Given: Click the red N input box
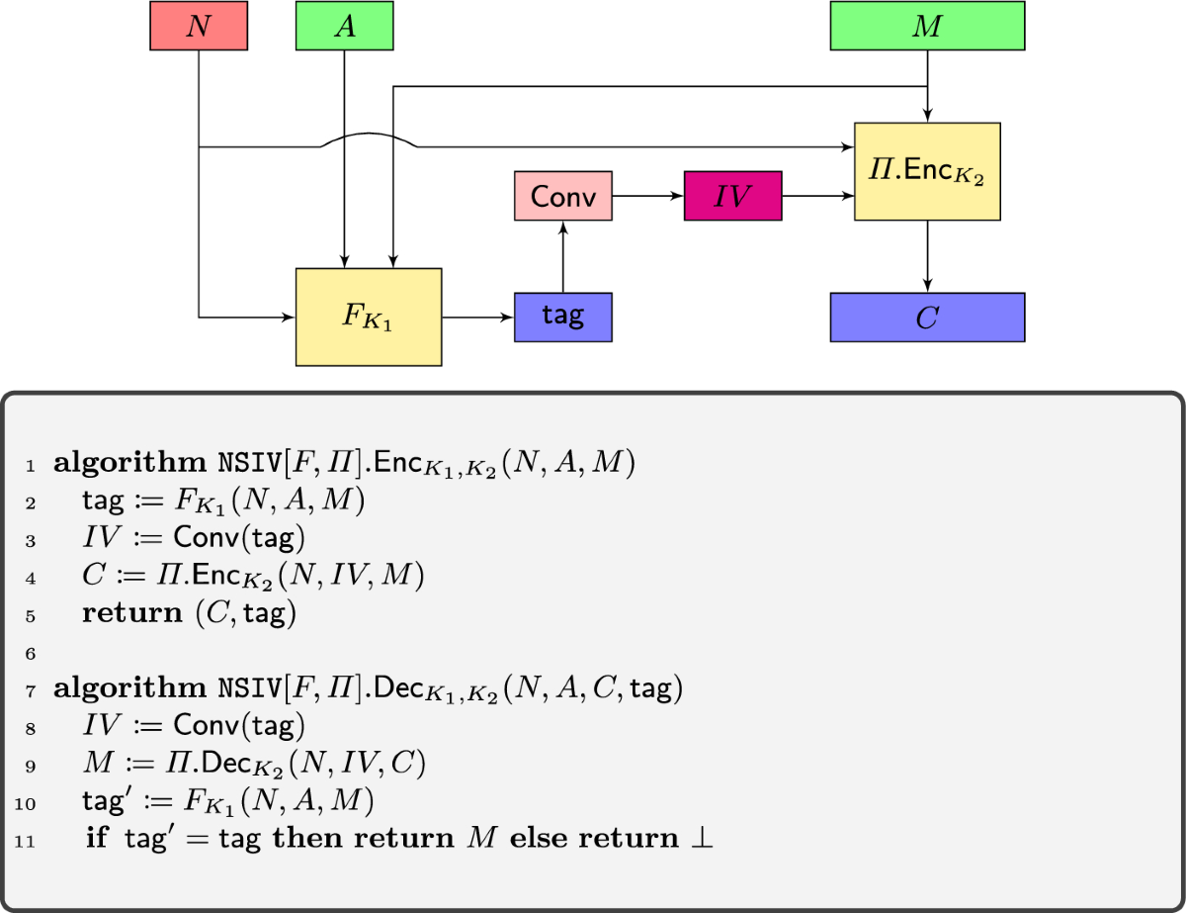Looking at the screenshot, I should click(199, 27).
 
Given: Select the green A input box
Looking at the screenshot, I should click(344, 27).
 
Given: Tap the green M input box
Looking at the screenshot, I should click(926, 27).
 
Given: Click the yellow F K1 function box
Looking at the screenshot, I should click(369, 318).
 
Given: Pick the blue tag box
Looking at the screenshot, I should click(562, 318).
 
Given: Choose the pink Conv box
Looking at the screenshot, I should click(562, 196).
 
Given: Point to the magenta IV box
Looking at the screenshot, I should click(732, 196).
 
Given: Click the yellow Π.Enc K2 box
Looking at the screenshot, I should click(927, 171).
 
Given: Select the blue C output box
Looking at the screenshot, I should click(927, 318).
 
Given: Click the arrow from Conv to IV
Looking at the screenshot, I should click(647, 196).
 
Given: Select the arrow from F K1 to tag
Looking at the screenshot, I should click(477, 318).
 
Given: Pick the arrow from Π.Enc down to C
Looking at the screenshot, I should click(927, 256).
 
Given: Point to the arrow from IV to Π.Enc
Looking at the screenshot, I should click(817, 196).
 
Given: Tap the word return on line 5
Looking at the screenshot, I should click(127, 614).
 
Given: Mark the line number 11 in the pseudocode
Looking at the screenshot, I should click(26, 841).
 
